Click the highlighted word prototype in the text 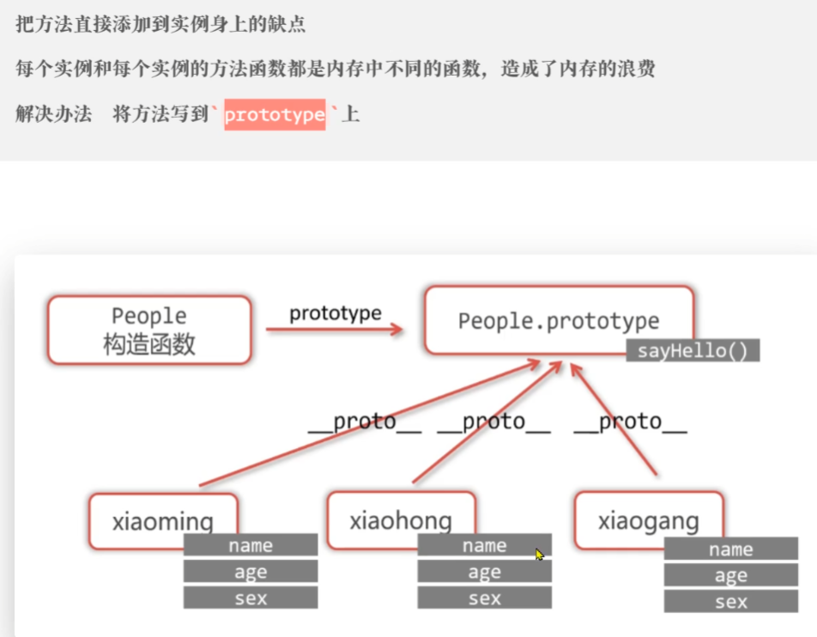pos(275,114)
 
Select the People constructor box pos(149,330)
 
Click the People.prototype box pos(558,320)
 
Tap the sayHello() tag pos(693,351)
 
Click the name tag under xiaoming pos(251,545)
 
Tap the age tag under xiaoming pos(251,572)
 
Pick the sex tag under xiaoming pos(251,598)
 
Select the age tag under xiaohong pos(484,572)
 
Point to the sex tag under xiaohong pos(484,598)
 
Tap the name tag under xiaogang pos(730,549)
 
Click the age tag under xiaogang pos(730,576)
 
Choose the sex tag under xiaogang pos(730,603)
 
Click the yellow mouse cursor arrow pos(539,555)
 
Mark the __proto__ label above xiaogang pos(630,422)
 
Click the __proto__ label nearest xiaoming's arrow pos(365,422)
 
